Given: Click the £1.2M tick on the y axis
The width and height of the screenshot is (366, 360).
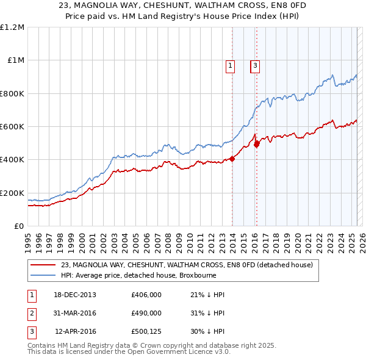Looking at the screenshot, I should click(12, 27).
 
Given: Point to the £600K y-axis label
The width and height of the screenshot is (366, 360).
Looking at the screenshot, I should click(12, 127).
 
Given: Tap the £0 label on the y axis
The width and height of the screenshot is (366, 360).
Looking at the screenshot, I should click(19, 226).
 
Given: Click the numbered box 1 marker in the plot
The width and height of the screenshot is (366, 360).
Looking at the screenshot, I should click(231, 67).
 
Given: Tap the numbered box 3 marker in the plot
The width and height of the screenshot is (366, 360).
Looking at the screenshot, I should click(254, 67).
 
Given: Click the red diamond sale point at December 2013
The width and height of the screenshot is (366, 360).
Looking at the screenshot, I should click(232, 159).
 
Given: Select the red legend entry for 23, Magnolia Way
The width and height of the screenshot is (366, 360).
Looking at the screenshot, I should click(187, 265).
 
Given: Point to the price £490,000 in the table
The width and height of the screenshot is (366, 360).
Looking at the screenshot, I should click(146, 313).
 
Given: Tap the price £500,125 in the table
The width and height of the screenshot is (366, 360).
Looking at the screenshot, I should click(146, 331).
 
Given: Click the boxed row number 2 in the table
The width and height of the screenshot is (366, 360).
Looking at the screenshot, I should click(31, 313).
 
